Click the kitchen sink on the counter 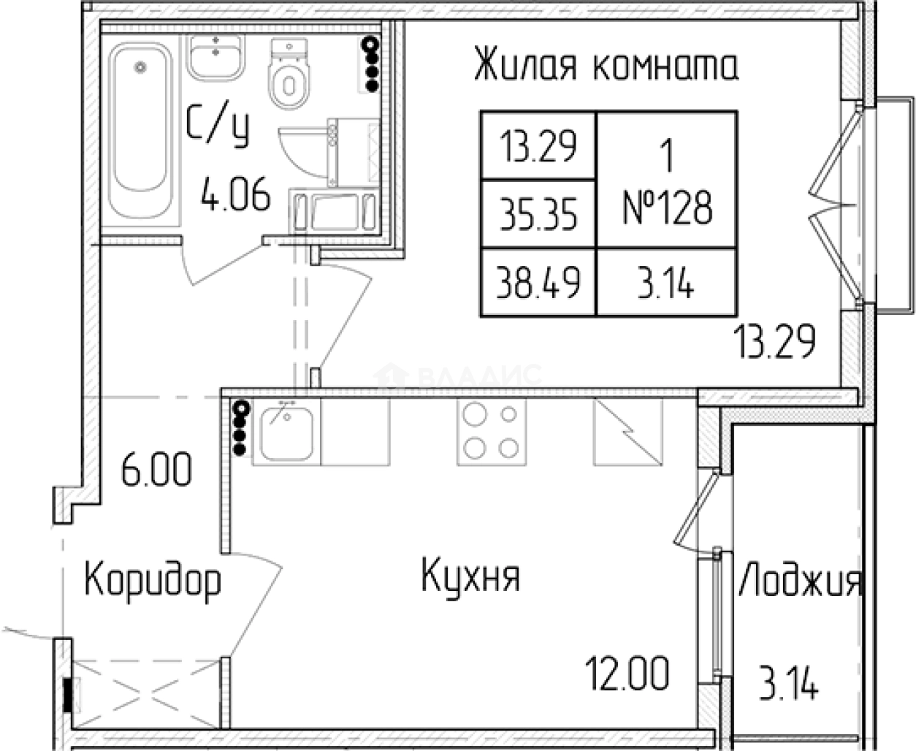tap(286, 433)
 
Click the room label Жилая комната tap(606, 66)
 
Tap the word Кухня tap(471, 576)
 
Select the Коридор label tap(152, 582)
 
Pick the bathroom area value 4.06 tap(236, 197)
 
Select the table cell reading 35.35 tap(538, 215)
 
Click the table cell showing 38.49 tap(538, 283)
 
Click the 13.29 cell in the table tap(538, 147)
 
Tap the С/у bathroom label tap(217, 126)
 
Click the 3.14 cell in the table tap(666, 283)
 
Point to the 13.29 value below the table tap(774, 342)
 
